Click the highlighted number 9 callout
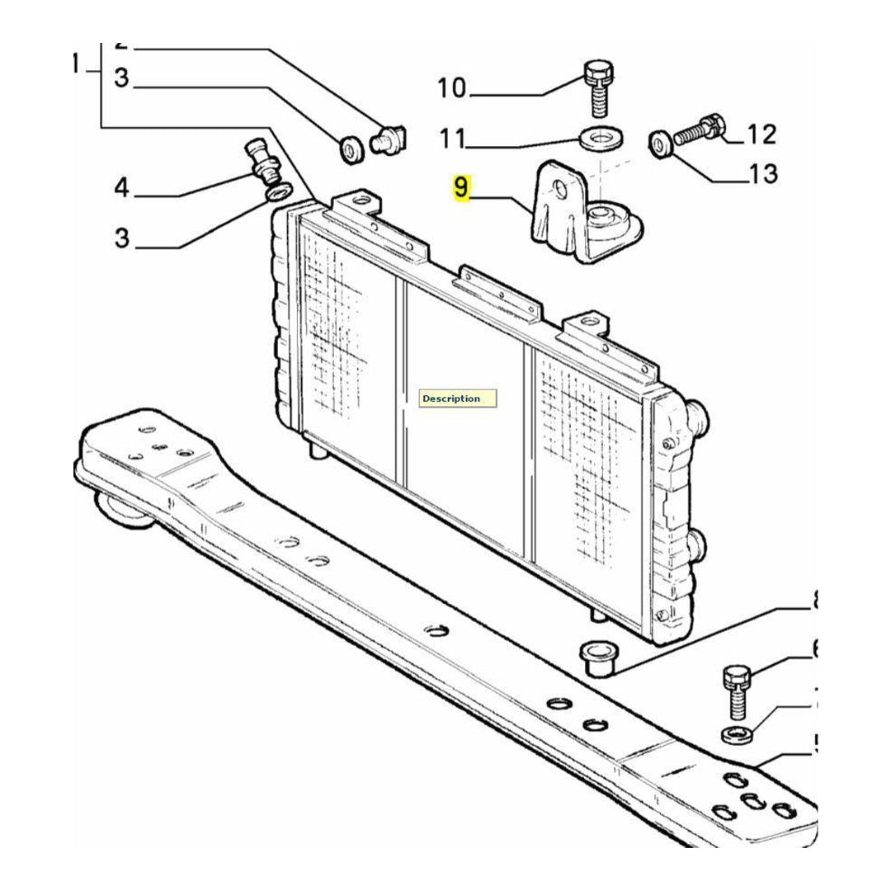460,188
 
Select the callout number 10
451,87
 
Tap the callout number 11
452,139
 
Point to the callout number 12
761,134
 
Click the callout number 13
764,173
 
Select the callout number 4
121,188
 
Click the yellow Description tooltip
458,398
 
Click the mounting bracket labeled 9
577,214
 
